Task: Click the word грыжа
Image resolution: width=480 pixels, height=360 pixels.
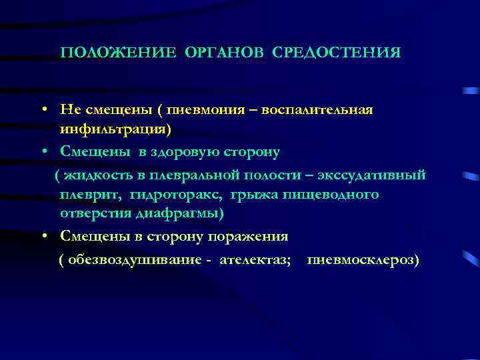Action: tap(259, 195)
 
